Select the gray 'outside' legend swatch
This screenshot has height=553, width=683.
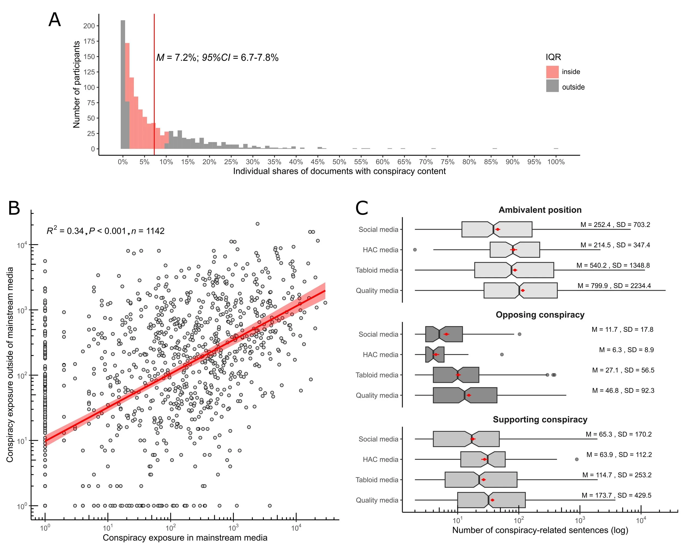tap(552, 86)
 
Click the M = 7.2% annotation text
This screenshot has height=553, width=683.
tap(217, 58)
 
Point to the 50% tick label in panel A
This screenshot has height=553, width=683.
tap(339, 162)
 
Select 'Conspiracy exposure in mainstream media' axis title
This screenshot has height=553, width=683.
tap(185, 538)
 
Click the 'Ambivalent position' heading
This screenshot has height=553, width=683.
tap(540, 210)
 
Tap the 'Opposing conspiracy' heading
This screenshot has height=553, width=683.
tap(540, 315)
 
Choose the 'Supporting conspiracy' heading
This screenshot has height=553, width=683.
tap(540, 419)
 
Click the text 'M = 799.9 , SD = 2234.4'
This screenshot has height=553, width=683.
tap(614, 286)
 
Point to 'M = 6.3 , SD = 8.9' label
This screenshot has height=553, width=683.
tap(626, 350)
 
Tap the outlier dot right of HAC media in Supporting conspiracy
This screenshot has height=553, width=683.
tap(576, 459)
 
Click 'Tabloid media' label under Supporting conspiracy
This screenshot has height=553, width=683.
tap(377, 480)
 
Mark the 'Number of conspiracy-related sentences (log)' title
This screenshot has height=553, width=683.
tap(540, 530)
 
